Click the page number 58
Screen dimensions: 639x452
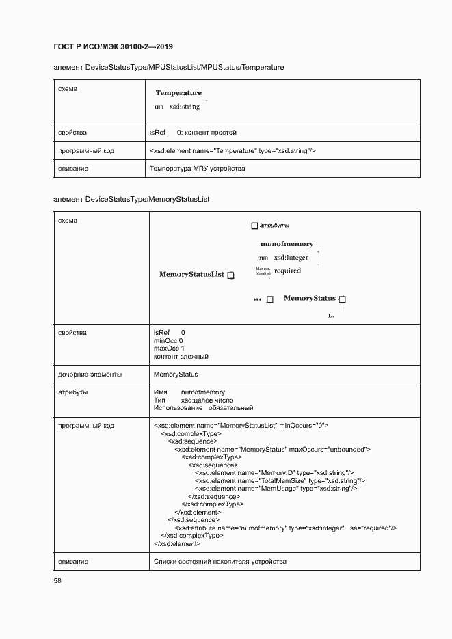pyautogui.click(x=57, y=580)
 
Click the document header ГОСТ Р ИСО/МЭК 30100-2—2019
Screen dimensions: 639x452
pyautogui.click(x=113, y=46)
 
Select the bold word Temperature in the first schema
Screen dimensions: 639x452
pyautogui.click(x=178, y=92)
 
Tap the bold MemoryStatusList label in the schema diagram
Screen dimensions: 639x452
pyautogui.click(x=191, y=274)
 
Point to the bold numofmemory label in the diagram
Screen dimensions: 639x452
pyautogui.click(x=287, y=243)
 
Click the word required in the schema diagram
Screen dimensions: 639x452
pyautogui.click(x=287, y=271)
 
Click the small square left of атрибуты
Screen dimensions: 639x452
pyautogui.click(x=254, y=226)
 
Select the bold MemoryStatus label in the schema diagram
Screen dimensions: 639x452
pyautogui.click(x=310, y=298)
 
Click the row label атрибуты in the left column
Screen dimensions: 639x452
pyautogui.click(x=73, y=392)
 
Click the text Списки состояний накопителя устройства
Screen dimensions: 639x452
pyautogui.click(x=220, y=562)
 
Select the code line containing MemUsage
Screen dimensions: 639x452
pyautogui.click(x=276, y=489)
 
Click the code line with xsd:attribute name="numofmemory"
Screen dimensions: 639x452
pyautogui.click(x=285, y=528)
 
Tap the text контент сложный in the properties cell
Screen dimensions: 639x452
pyautogui.click(x=181, y=357)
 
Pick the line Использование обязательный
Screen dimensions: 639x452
pyautogui.click(x=204, y=408)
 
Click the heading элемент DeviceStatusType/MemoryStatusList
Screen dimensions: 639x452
pyautogui.click(x=131, y=199)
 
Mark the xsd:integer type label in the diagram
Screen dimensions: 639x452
pyautogui.click(x=291, y=258)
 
